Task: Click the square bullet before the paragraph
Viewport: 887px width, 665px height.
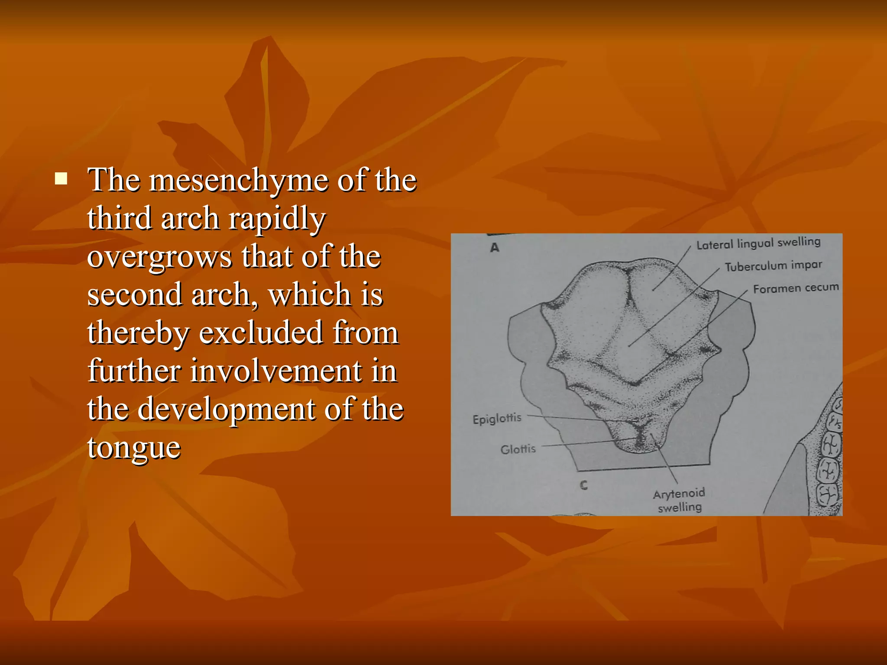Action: click(61, 179)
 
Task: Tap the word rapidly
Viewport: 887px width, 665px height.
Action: click(277, 219)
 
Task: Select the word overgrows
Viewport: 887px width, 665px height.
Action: click(159, 257)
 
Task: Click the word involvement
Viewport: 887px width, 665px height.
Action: click(276, 371)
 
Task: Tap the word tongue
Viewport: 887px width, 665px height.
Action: click(134, 448)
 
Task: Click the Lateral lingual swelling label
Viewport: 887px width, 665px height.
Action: click(758, 243)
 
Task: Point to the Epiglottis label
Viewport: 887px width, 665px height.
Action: click(497, 419)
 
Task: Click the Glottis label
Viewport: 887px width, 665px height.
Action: click(518, 449)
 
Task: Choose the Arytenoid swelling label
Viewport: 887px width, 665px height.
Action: click(679, 500)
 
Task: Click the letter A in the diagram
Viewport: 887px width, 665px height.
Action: click(495, 248)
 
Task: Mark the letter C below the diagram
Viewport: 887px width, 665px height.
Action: click(584, 485)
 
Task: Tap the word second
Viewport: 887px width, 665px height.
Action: click(134, 295)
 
